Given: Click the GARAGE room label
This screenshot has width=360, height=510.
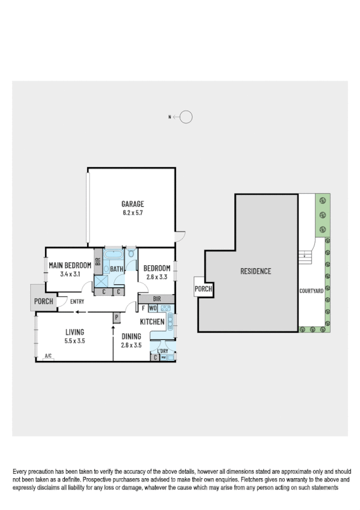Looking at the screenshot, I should click(x=132, y=204).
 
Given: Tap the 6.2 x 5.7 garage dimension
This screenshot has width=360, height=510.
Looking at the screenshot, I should click(x=132, y=212).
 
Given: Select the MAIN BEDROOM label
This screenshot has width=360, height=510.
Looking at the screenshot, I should click(x=70, y=266).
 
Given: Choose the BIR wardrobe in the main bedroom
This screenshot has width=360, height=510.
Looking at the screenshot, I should click(x=97, y=263).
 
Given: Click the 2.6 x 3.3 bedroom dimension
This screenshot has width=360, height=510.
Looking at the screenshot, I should click(x=157, y=277).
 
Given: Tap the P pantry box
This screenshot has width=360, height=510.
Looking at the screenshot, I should click(x=117, y=317).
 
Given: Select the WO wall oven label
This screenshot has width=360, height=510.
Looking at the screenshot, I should click(x=153, y=309).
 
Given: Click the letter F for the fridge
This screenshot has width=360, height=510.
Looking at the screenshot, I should click(x=143, y=309).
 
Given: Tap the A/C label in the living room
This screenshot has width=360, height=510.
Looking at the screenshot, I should click(x=49, y=357).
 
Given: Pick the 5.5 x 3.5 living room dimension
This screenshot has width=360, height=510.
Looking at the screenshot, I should click(x=74, y=340).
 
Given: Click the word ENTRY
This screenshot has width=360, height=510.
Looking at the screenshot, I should click(x=76, y=301).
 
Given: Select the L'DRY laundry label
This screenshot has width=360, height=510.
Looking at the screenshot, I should click(x=163, y=351).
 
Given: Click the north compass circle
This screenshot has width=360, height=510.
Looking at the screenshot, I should click(x=186, y=117).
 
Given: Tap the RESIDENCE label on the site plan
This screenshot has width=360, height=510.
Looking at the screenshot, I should click(x=256, y=271).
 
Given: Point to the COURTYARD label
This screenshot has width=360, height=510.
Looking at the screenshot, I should click(x=311, y=290).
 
